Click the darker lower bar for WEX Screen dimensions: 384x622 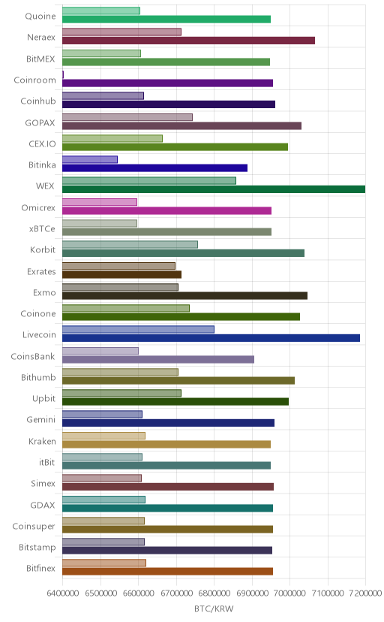[x=214, y=189]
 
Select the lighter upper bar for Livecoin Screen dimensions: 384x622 [x=138, y=329]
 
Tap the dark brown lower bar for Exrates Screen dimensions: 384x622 [x=122, y=274]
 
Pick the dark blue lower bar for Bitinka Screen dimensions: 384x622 [x=154, y=168]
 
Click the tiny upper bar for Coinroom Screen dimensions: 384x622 [x=63, y=74]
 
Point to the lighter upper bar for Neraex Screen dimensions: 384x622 [x=122, y=32]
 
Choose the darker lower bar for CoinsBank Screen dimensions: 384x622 [x=158, y=359]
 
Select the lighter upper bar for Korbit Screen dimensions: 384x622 [x=130, y=244]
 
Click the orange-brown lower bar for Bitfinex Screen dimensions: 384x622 [x=167, y=572]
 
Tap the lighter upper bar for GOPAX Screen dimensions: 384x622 [x=127, y=117]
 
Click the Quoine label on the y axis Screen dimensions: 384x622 [x=40, y=17]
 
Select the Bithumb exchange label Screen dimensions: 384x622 [x=38, y=377]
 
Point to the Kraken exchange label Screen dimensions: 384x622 [x=42, y=441]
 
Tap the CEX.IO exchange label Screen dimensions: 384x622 [x=42, y=143]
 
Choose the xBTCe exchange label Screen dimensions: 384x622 [x=42, y=229]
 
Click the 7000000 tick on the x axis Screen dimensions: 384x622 [x=289, y=593]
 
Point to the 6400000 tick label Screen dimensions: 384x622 [x=62, y=593]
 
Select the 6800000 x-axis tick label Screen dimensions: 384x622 [x=214, y=593]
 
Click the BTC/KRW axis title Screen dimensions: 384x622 [x=214, y=608]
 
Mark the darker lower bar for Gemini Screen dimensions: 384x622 [x=168, y=423]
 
